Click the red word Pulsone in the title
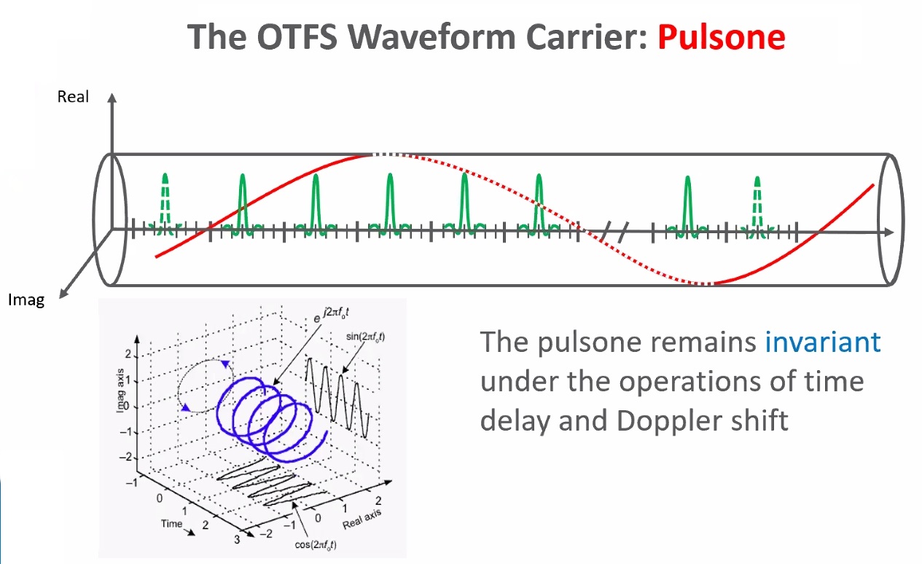pyautogui.click(x=721, y=37)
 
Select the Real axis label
pyautogui.click(x=73, y=97)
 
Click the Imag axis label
pyautogui.click(x=26, y=300)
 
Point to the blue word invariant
pyautogui.click(x=822, y=342)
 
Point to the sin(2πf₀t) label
pyautogui.click(x=365, y=337)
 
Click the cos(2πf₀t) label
pyautogui.click(x=316, y=545)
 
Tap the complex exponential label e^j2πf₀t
pyautogui.click(x=331, y=314)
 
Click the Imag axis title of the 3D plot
pyautogui.click(x=120, y=391)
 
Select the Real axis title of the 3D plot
pyautogui.click(x=362, y=519)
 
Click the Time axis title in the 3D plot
pyautogui.click(x=171, y=524)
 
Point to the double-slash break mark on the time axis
pyautogui.click(x=615, y=232)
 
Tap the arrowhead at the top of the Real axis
pyautogui.click(x=112, y=98)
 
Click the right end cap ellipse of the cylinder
pyautogui.click(x=891, y=219)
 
